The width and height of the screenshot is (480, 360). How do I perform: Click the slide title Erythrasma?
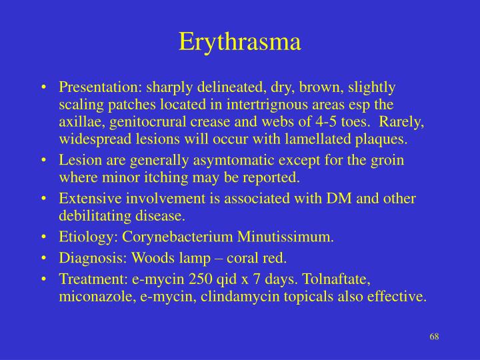240,41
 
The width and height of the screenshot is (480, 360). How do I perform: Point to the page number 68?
434,335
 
